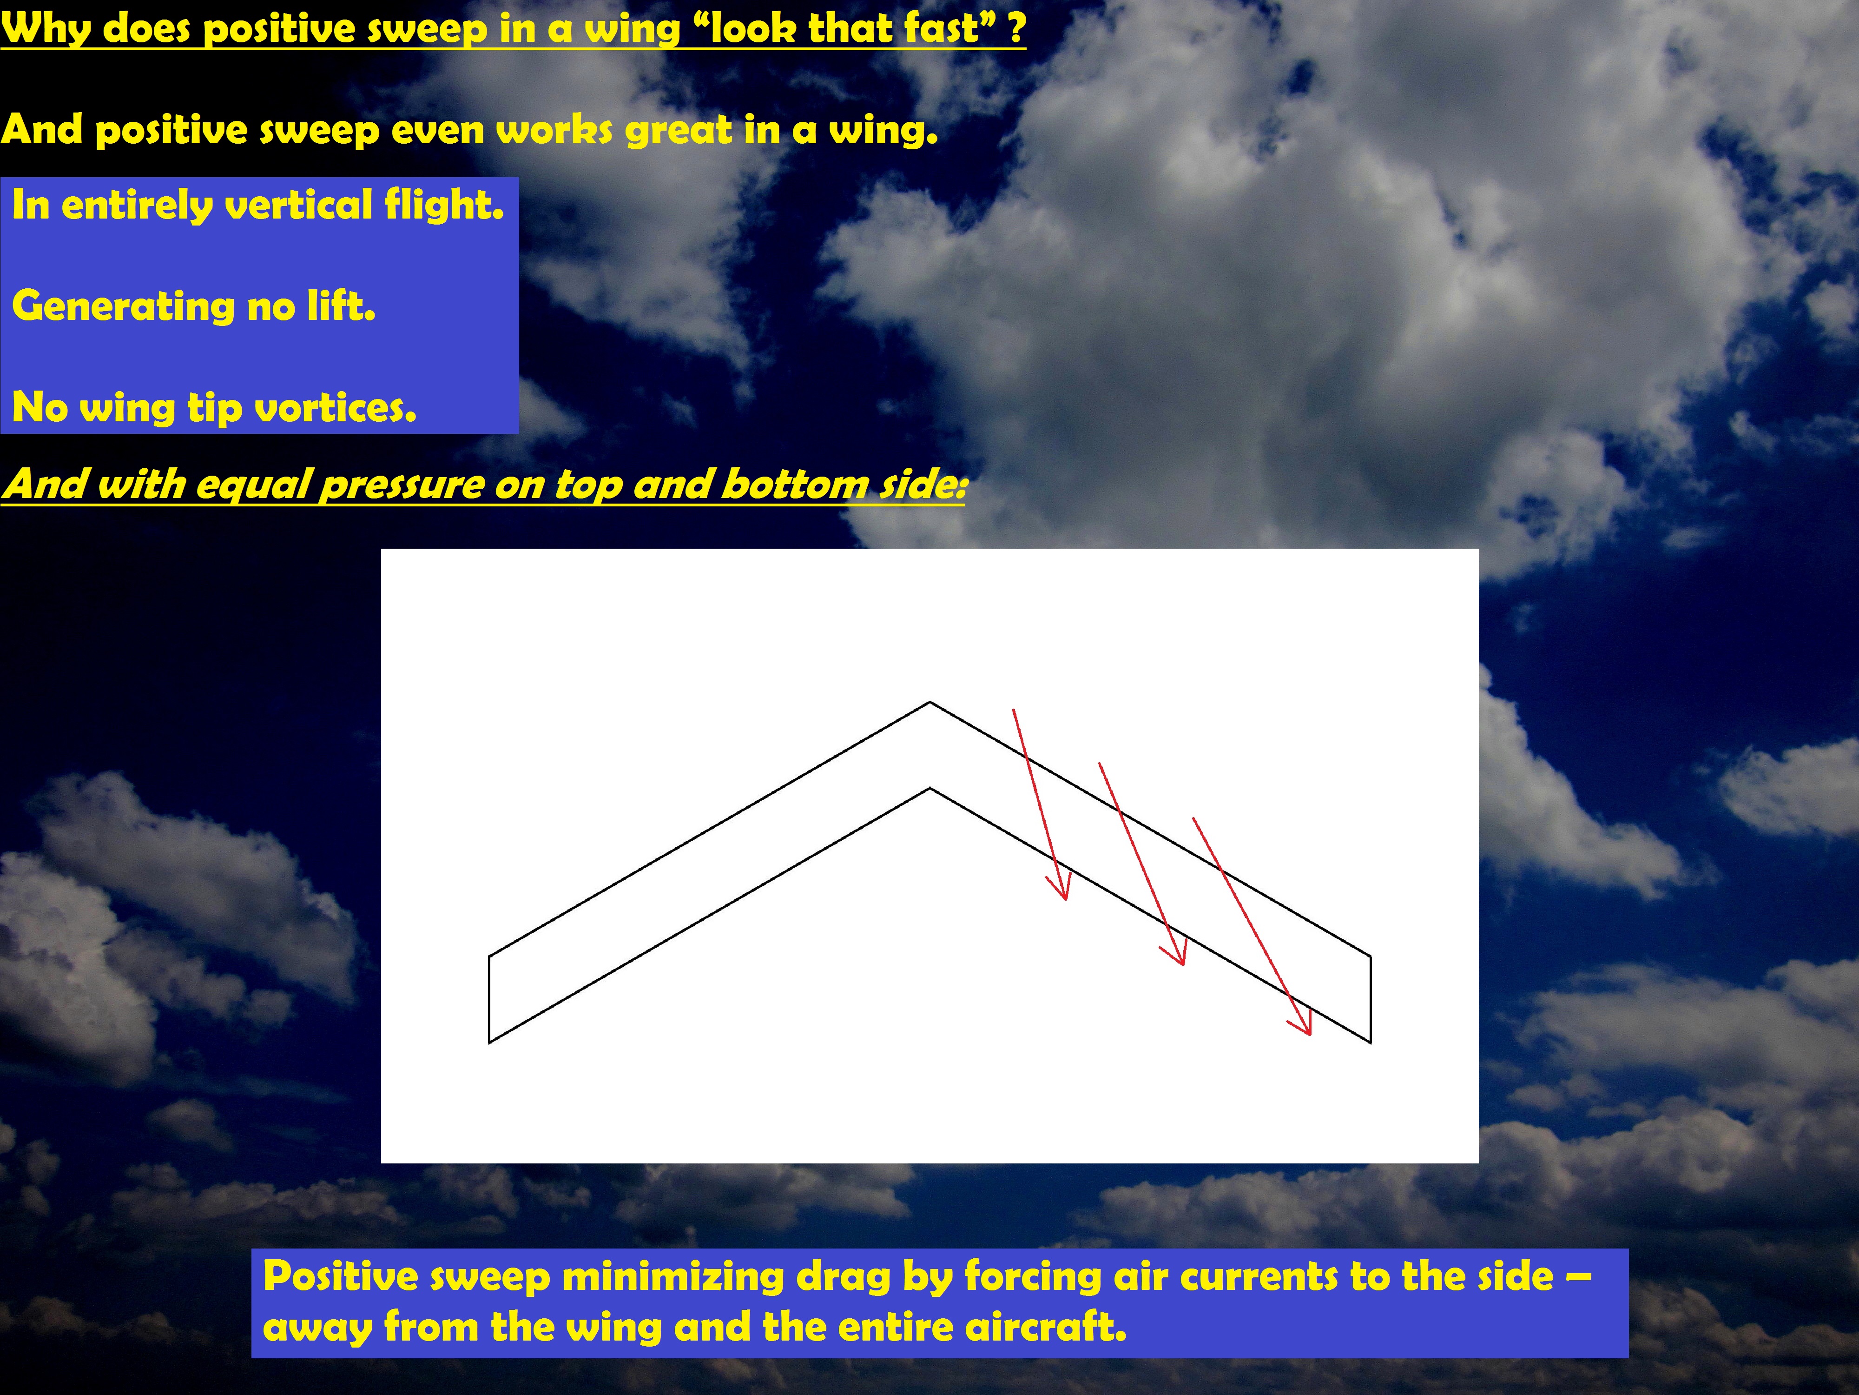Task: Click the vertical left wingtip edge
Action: tap(489, 999)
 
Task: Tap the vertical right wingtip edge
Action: tap(1371, 999)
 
